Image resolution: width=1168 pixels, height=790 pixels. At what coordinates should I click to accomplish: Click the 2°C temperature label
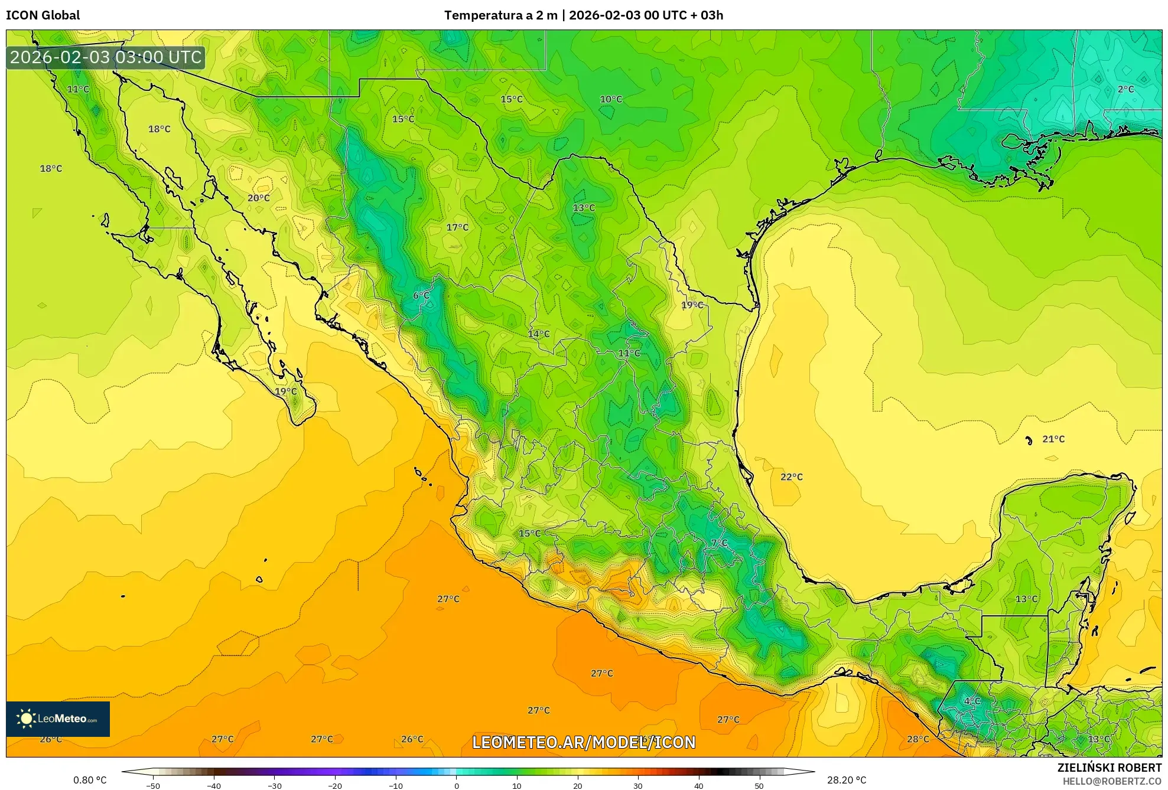coord(1125,89)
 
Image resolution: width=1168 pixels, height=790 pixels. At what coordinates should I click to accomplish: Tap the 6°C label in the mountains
coord(421,295)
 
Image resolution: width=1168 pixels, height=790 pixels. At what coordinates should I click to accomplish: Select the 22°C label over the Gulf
coord(791,477)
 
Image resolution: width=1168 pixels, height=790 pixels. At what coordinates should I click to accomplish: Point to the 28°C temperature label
coord(918,739)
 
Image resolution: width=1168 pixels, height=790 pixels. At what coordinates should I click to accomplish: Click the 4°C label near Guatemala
coord(972,701)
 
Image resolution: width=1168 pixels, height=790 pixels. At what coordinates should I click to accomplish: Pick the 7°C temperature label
coord(719,543)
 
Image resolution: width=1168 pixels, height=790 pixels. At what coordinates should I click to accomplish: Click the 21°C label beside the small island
coord(1053,439)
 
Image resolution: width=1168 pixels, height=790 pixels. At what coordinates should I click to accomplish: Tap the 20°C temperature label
coord(258,198)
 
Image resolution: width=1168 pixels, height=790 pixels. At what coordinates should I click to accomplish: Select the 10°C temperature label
coord(611,99)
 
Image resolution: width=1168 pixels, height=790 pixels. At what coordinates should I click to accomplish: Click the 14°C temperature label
coord(538,334)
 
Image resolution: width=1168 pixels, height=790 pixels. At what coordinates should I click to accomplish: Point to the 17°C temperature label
coord(457,227)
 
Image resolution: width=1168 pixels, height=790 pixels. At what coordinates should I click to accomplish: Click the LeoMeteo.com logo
coord(58,719)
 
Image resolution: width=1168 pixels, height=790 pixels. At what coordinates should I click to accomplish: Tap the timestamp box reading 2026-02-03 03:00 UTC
coord(106,57)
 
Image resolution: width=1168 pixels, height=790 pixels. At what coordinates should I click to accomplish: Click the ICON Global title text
coord(43,15)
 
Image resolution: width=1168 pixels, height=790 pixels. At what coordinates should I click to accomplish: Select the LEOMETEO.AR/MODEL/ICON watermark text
coord(584,742)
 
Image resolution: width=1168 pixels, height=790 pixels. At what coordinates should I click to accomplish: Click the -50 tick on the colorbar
coord(153,785)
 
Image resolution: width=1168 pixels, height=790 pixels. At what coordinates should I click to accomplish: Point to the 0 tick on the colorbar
coord(456,785)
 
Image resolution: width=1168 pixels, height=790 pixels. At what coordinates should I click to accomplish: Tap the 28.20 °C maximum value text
coord(846,780)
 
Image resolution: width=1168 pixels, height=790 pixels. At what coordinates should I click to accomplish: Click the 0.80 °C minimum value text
coord(90,780)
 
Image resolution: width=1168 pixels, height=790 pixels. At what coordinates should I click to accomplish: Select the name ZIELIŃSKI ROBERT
coord(1109,768)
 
